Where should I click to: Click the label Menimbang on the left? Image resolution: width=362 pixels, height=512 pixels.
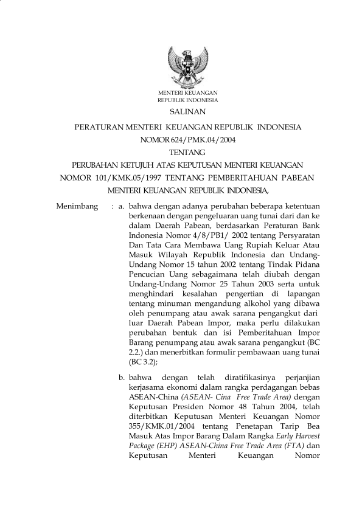pos(77,207)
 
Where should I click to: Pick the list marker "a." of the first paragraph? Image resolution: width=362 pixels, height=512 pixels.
pos(122,207)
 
